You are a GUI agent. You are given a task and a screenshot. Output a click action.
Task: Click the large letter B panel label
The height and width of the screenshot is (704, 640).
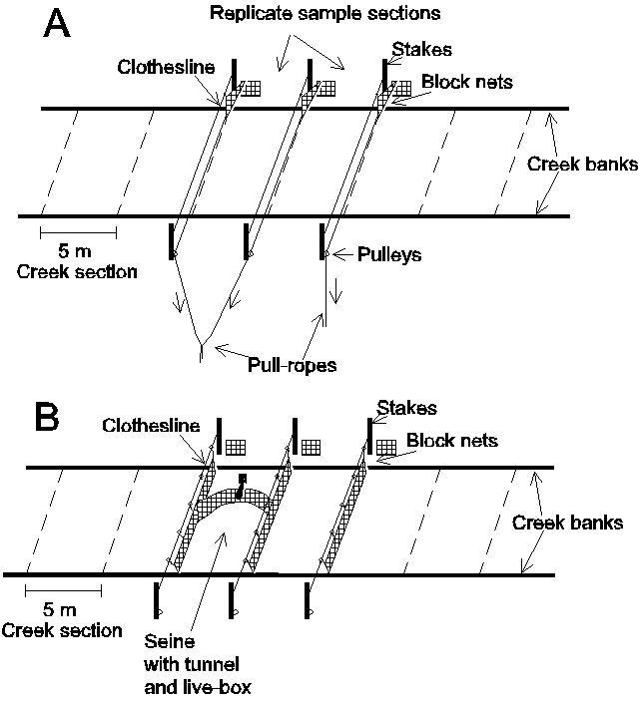point(51,416)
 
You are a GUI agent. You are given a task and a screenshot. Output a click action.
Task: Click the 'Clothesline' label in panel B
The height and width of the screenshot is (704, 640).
point(149,425)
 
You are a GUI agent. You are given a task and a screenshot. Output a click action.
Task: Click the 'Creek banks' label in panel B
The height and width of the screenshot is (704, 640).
point(568,522)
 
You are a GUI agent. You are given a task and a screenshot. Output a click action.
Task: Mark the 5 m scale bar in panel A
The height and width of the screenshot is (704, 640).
point(78,232)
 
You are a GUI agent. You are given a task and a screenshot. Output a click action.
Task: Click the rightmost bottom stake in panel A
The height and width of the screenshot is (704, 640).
point(321,241)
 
